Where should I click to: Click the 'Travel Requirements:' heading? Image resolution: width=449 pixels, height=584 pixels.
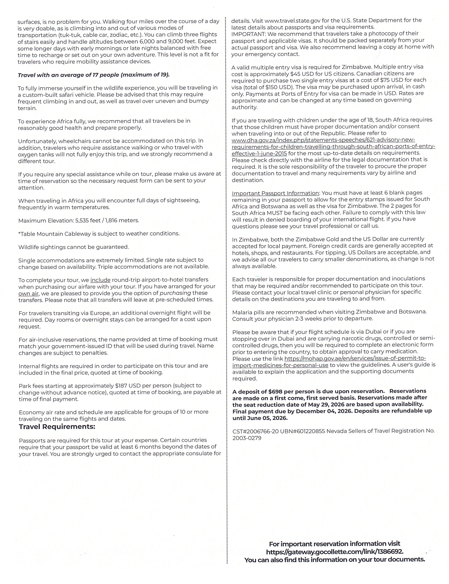[57, 426]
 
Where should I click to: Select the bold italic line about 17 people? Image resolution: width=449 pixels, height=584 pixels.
[93, 75]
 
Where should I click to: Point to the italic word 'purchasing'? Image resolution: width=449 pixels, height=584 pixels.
[175, 293]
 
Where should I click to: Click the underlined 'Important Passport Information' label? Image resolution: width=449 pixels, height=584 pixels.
[275, 193]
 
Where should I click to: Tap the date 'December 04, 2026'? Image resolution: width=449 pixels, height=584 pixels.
[324, 411]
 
